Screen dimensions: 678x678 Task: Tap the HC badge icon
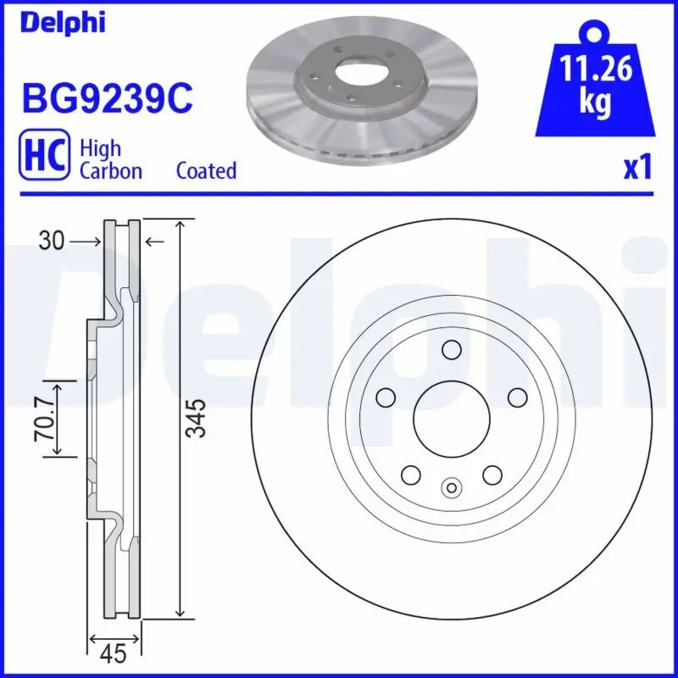44,158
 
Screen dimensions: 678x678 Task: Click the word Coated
206,170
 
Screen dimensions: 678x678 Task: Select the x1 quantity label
638,168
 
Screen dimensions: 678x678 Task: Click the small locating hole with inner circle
451,487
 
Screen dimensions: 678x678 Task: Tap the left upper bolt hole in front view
386,397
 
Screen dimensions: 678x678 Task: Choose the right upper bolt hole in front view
517,397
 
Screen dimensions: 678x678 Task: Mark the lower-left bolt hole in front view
410,475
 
